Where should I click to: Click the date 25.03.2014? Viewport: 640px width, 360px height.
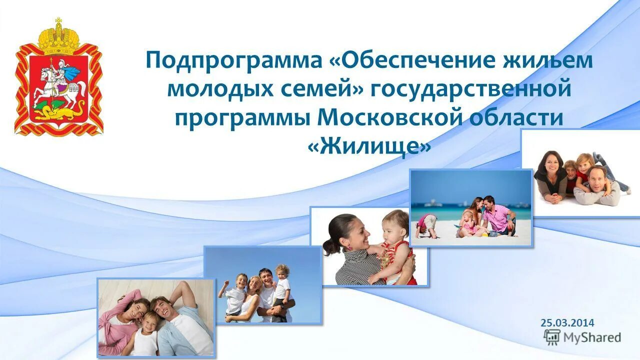pyautogui.click(x=567, y=323)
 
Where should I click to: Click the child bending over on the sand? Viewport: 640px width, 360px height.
pyautogui.click(x=427, y=224)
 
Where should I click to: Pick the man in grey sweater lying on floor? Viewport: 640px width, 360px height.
pyautogui.click(x=597, y=185)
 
